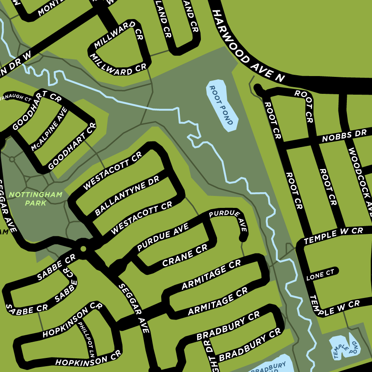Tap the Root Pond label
click(x=222, y=105)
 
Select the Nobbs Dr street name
click(x=344, y=136)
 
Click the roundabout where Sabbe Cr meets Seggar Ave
click(x=83, y=249)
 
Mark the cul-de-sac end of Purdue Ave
click(x=243, y=238)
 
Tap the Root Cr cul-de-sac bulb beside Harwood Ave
click(x=258, y=88)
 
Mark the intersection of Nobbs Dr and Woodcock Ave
click(x=343, y=136)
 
